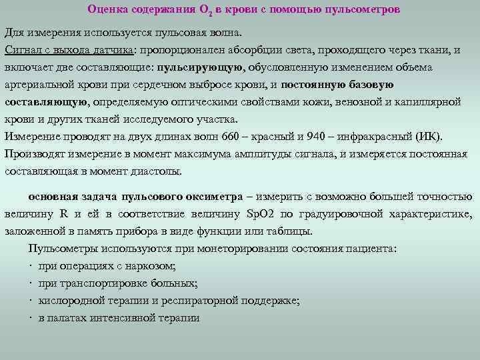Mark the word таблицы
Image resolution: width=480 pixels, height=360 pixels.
[290, 232]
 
